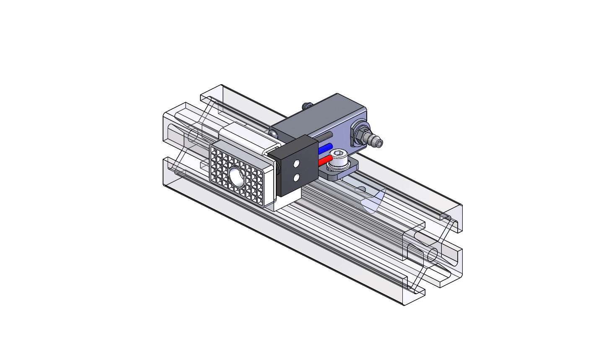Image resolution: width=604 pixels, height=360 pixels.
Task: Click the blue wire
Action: click(325, 149)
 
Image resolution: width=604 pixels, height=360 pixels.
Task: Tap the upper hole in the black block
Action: click(297, 163)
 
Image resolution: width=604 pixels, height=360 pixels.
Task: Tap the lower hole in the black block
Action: click(297, 178)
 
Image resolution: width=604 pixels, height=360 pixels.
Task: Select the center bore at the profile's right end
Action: click(433, 254)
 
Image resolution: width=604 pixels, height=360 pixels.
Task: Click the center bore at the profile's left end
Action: click(193, 135)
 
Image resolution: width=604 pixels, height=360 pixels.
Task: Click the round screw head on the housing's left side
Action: click(273, 133)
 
